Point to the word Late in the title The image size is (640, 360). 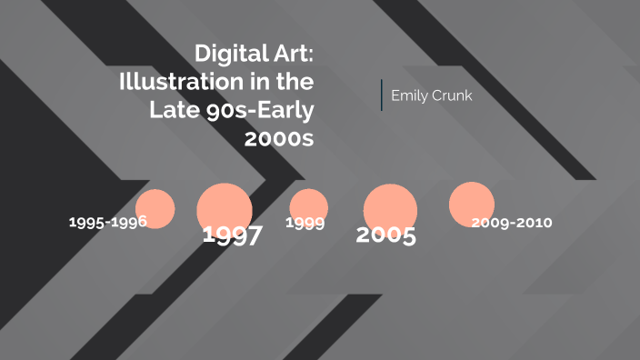[173, 110]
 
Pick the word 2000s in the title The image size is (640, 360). [279, 138]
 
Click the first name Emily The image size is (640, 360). [410, 95]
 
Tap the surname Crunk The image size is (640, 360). [453, 95]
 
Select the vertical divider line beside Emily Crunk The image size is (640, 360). [382, 95]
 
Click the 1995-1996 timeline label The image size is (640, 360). [107, 222]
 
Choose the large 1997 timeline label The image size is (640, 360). [232, 235]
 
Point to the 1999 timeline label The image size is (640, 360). [305, 223]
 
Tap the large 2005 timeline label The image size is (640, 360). [385, 235]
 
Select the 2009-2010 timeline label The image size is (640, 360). [512, 222]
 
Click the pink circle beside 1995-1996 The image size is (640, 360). [155, 207]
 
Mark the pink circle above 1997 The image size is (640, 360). [225, 207]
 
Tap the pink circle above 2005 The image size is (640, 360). [391, 205]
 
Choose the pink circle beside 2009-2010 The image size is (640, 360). [472, 204]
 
